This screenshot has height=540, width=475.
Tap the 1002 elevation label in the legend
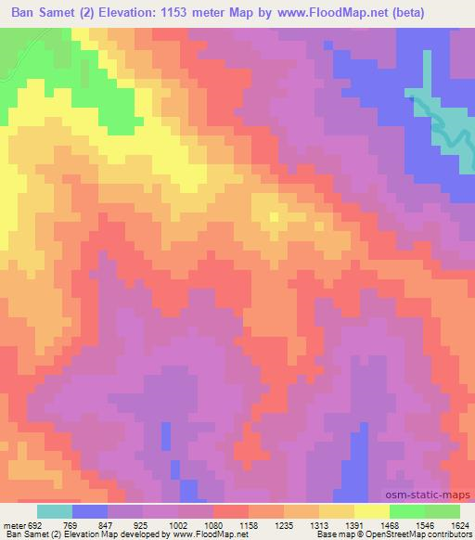point(175,524)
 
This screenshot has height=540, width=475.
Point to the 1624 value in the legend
point(461,524)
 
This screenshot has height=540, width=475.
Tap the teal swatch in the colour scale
point(54,511)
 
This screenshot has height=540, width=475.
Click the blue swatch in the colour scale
point(89,511)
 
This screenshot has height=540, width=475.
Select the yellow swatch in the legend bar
point(371,511)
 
